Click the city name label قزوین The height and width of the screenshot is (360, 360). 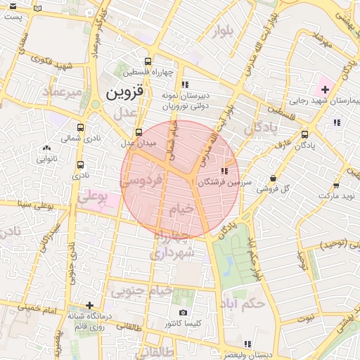tap(124, 93)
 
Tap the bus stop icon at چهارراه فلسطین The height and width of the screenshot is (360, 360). tap(147, 61)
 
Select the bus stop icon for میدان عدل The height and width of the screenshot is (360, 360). tap(138, 132)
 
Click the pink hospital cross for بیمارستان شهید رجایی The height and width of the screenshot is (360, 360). tap(325, 89)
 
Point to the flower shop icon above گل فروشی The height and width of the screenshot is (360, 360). tap(273, 179)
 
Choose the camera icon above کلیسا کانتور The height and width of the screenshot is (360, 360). tap(184, 312)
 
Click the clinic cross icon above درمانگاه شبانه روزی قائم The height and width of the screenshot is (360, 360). tap(89, 305)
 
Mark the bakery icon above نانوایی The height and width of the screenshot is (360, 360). tap(47, 148)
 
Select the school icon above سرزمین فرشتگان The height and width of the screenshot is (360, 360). tap(224, 171)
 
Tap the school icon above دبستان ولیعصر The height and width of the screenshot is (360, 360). tap(247, 343)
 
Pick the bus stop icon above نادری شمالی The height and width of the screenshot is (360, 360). tap(79, 128)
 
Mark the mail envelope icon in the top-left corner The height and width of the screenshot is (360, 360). tap(37, 6)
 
